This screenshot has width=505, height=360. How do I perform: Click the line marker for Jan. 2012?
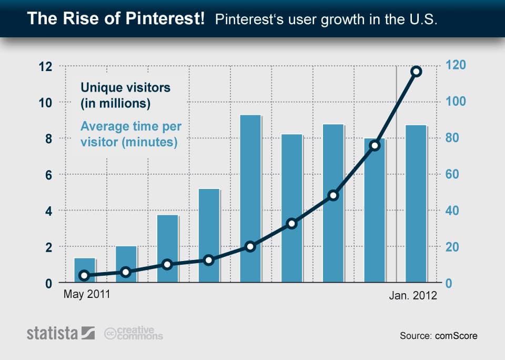click(x=416, y=72)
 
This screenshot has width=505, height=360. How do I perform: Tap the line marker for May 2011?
click(x=84, y=275)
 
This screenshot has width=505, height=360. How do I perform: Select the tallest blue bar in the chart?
click(x=250, y=198)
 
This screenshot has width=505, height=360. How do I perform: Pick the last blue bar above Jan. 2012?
click(x=416, y=204)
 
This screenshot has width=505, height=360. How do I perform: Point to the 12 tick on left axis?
click(x=46, y=66)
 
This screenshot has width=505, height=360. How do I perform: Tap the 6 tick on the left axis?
click(x=49, y=174)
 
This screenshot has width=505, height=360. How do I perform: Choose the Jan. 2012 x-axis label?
click(x=413, y=296)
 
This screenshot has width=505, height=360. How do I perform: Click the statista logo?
click(x=60, y=333)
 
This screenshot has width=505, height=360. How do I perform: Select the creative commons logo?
click(x=134, y=333)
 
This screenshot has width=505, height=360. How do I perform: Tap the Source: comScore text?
click(x=438, y=335)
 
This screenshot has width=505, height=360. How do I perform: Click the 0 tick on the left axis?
click(x=49, y=283)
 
